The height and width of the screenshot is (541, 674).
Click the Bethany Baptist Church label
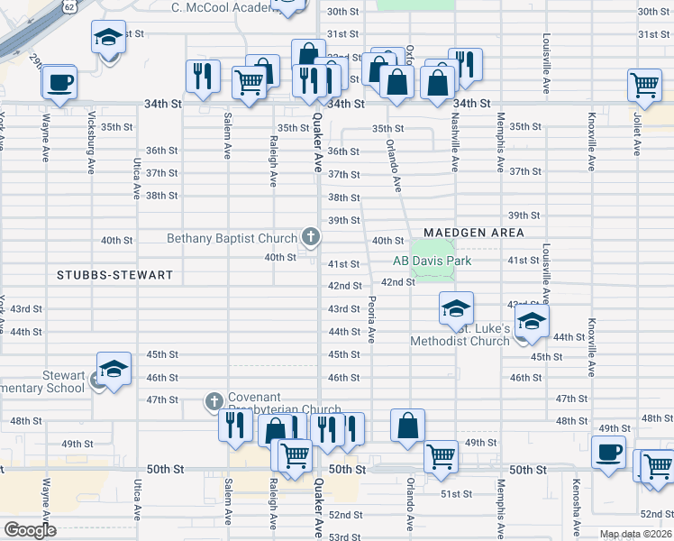point(232,238)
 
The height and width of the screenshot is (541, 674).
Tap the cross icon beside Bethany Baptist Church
point(311,237)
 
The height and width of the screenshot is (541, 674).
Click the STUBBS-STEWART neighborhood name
point(114,273)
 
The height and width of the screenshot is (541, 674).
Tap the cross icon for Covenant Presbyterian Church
point(214,400)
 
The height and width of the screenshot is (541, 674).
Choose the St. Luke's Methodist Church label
point(460,335)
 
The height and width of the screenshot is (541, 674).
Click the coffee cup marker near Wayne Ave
point(59,82)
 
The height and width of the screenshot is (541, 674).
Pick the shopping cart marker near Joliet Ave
point(645,85)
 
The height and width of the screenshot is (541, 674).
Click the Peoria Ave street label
point(370,320)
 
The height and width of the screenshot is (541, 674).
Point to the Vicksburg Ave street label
point(92,135)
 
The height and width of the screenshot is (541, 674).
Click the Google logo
point(30,530)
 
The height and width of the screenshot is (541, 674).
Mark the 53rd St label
point(345,536)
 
